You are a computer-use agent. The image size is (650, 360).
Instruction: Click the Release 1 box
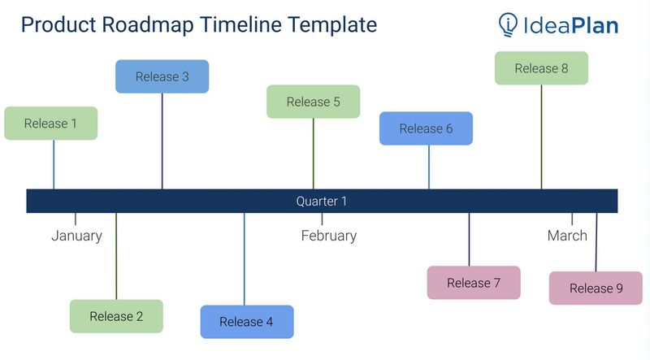(50, 124)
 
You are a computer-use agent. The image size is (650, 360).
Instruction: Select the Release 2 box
(116, 316)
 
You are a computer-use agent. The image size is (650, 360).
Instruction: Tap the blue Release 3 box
(162, 76)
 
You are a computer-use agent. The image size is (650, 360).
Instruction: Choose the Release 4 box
(246, 322)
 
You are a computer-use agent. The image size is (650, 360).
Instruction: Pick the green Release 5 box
(313, 102)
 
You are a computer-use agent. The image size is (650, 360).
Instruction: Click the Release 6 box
(426, 128)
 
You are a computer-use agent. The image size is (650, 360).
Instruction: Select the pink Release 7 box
(473, 283)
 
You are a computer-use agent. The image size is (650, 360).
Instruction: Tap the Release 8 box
(541, 68)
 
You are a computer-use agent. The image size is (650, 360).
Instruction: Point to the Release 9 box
(596, 288)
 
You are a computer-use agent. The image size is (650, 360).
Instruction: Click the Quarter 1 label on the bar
(321, 201)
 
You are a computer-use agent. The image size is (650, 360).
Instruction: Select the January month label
(76, 236)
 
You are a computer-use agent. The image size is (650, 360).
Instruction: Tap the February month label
(328, 236)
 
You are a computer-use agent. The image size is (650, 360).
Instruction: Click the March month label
(566, 236)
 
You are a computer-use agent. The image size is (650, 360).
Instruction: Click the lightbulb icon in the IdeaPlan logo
(509, 25)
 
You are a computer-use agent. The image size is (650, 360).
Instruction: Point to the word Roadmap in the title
(153, 25)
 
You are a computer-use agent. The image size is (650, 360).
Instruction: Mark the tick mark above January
(76, 219)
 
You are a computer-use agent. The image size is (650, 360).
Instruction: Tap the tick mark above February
(322, 219)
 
